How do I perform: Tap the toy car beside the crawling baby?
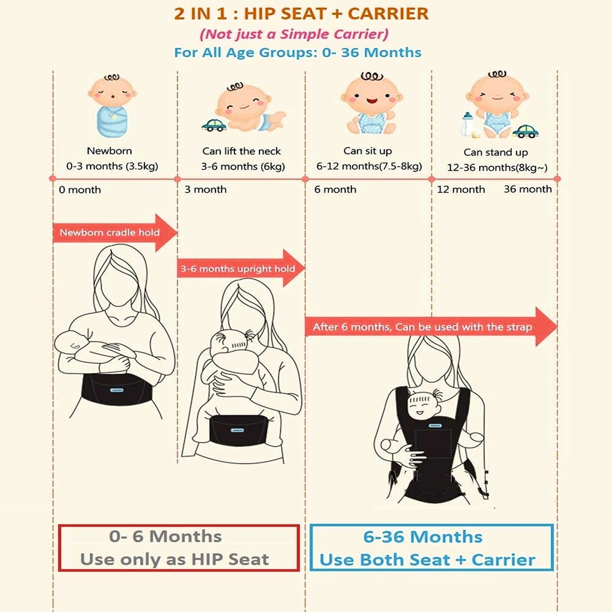point(214,125)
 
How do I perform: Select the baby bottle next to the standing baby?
point(468,125)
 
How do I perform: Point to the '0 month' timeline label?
point(80,190)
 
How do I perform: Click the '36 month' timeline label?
point(528,189)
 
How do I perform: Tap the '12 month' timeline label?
point(461,190)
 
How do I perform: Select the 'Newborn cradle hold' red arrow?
point(115,233)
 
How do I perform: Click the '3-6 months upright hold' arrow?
point(241,269)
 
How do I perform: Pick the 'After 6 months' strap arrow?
point(431,327)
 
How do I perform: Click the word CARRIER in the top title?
point(388,14)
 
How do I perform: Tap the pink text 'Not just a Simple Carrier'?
point(294,34)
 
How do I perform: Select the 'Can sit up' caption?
point(368,151)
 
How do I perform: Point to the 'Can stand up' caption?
point(496,152)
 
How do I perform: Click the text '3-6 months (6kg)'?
point(243,167)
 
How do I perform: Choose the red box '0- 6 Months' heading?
point(166,537)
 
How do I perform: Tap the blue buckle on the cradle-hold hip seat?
point(116,390)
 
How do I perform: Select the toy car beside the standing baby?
point(526,131)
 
